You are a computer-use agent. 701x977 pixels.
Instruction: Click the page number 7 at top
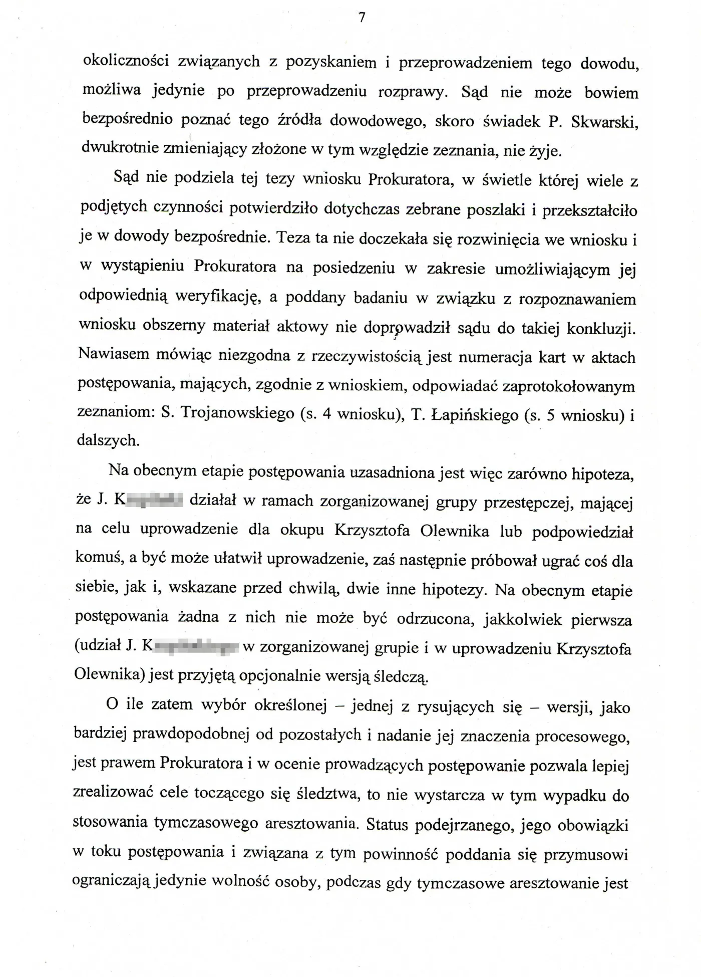(x=362, y=18)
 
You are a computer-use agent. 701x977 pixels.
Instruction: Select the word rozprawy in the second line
(x=410, y=92)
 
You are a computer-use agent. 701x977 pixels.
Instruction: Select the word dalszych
(x=108, y=440)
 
